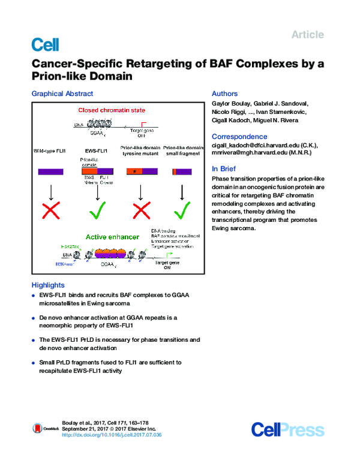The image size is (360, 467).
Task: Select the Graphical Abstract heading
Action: point(62,94)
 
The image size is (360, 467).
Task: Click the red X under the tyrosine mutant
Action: point(139,213)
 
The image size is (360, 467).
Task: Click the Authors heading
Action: point(225,94)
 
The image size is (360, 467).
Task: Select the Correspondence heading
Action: point(239,137)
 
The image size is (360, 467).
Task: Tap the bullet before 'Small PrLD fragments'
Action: point(34,363)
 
